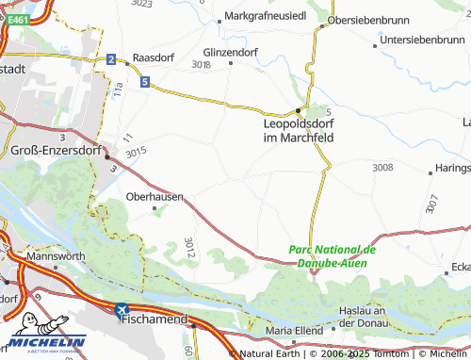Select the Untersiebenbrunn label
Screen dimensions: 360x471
pos(423,40)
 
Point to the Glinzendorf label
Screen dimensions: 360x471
pos(231,52)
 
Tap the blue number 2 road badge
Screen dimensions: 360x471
pos(111,60)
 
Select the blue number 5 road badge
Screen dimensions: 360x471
pos(144,83)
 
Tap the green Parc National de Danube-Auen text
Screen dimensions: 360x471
pos(333,257)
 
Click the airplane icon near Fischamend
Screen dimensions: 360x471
pos(121,308)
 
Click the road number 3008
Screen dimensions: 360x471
pos(382,167)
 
